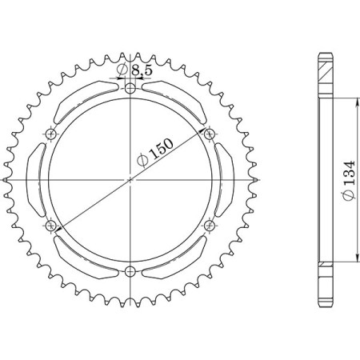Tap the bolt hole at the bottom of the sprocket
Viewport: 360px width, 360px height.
[x=130, y=270]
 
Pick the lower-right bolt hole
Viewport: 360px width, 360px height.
[x=210, y=225]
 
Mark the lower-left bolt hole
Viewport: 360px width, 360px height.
[x=52, y=225]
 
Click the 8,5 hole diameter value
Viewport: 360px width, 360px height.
[x=142, y=71]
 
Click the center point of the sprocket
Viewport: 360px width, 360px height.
[x=130, y=178]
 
